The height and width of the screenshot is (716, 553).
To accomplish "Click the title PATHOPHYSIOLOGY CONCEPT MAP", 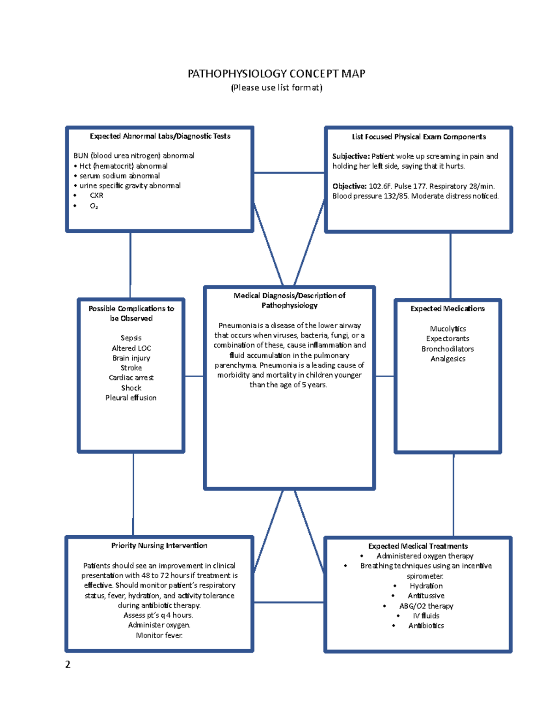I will pos(276,74).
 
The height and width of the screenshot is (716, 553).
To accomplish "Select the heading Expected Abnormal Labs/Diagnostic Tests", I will pos(160,136).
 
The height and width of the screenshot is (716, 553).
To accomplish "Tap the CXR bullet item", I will pos(96,195).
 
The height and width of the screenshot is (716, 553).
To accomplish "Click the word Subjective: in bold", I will pos(351,156).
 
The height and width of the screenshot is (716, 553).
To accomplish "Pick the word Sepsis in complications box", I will pos(131,338).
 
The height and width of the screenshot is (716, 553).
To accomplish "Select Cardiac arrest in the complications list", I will pos(131,378).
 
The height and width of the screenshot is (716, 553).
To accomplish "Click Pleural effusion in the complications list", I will pos(131,397).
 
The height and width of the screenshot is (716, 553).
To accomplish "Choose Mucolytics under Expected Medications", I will pos(447,329).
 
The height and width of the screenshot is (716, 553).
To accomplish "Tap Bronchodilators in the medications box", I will pos(447,349).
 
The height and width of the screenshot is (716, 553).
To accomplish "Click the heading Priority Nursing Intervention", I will pos(159,545).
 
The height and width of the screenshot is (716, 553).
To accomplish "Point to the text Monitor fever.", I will pos(159,635).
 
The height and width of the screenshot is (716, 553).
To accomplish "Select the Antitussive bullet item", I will pos(426,596).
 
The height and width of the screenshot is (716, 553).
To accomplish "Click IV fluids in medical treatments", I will pos(426,615).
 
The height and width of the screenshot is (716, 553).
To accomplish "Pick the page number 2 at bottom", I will pos(68,664).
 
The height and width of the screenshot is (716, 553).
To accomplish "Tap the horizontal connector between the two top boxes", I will pos(289,173).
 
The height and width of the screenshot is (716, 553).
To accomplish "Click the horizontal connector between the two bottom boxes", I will pos(289,602).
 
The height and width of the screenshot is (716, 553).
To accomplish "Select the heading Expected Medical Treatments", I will pos(418,546).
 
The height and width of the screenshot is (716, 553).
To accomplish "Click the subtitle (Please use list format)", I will pos(276,88).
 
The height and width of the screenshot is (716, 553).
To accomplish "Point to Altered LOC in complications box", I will pos(131,348).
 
